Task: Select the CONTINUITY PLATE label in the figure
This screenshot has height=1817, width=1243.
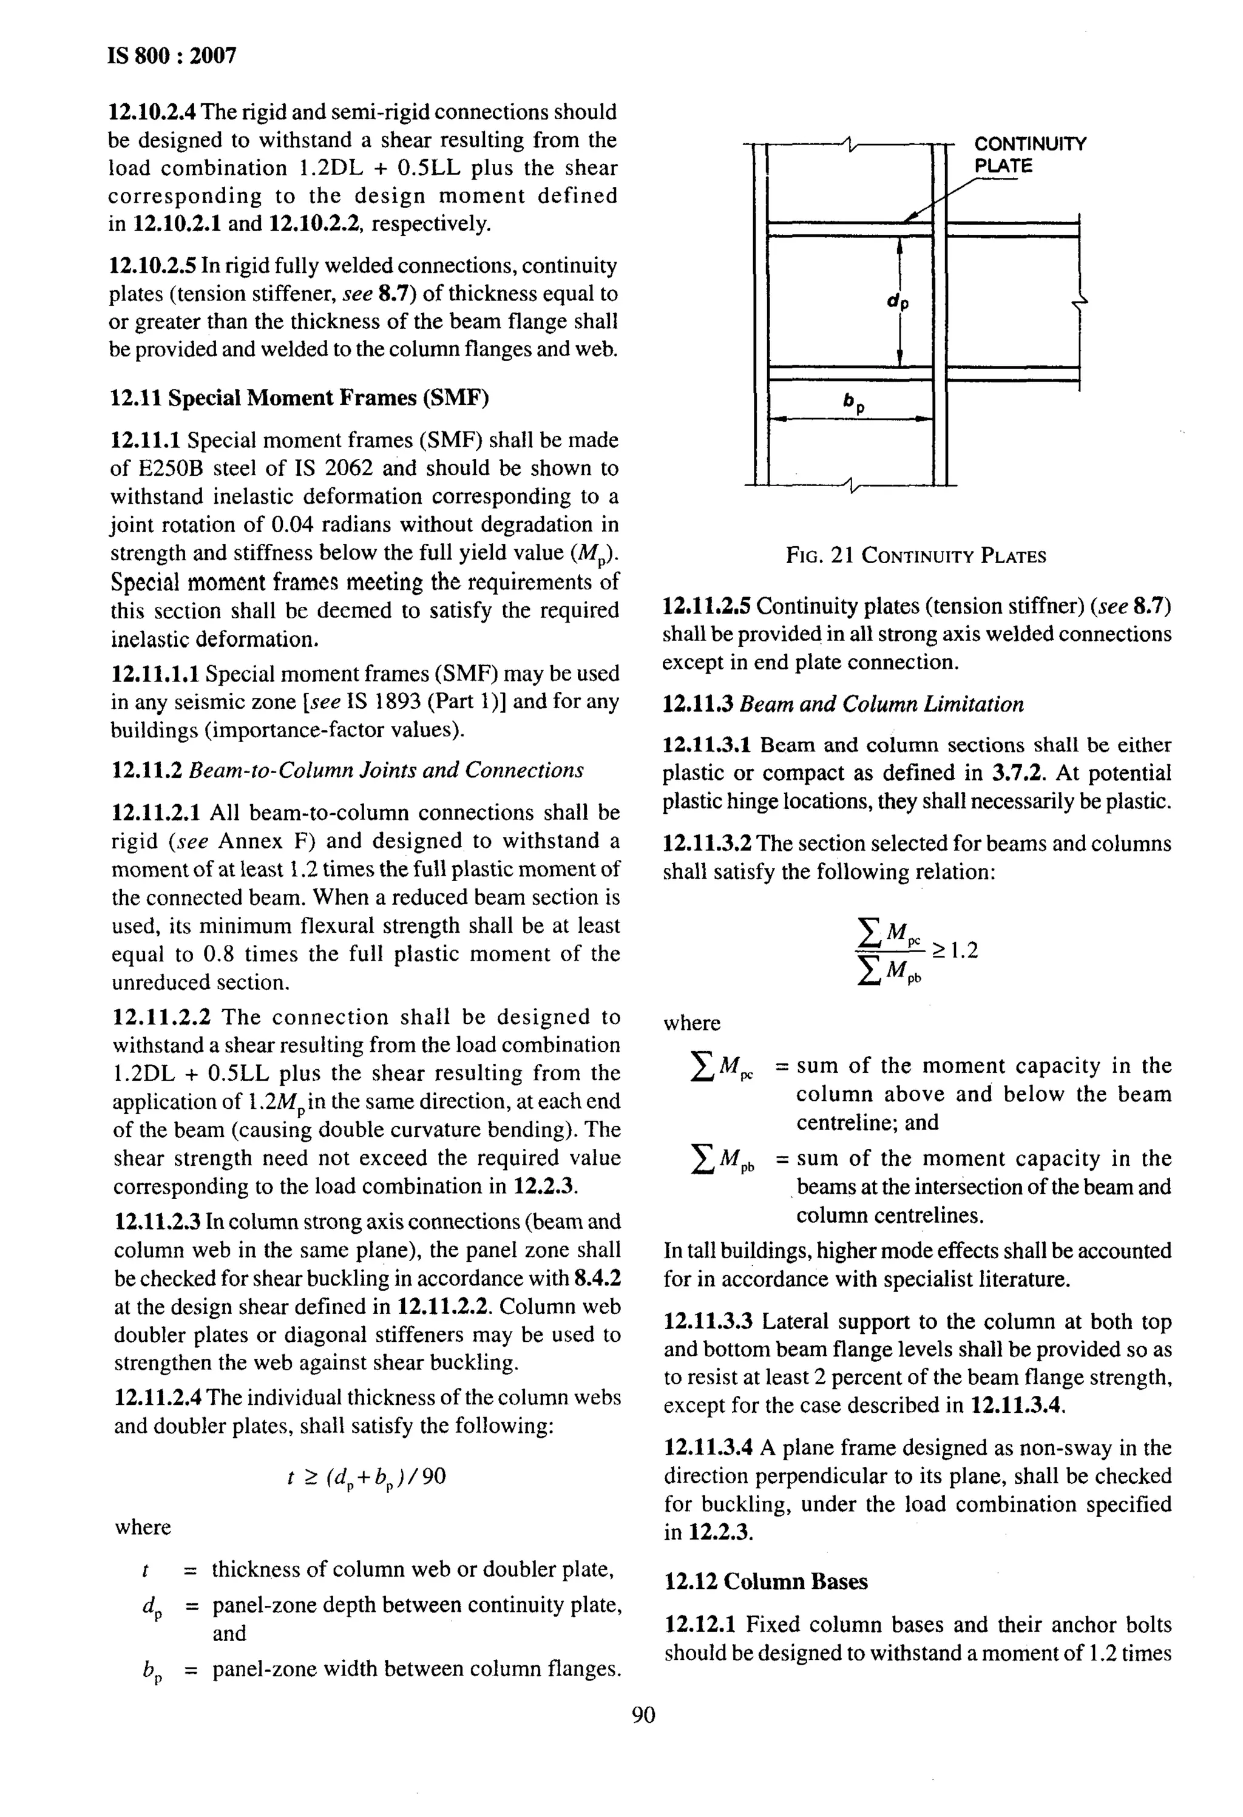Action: [1029, 155]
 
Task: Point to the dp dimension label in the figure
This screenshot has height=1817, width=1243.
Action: [898, 301]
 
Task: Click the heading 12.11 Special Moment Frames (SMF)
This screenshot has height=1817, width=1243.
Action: [299, 398]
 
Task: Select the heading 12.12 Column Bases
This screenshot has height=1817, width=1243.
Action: [766, 1582]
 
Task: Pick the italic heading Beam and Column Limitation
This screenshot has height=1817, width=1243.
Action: [881, 705]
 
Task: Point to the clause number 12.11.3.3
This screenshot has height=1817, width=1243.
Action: [708, 1321]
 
